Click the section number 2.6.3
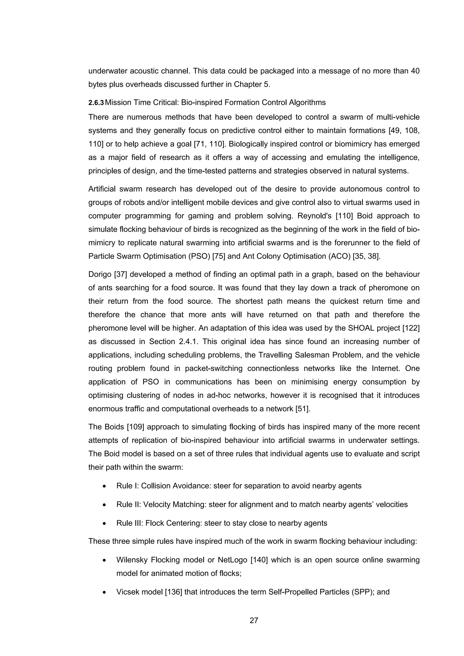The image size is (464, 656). [x=96, y=103]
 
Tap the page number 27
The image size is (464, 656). [x=254, y=620]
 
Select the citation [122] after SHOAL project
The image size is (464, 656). [x=411, y=328]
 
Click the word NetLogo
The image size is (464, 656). [x=232, y=560]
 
